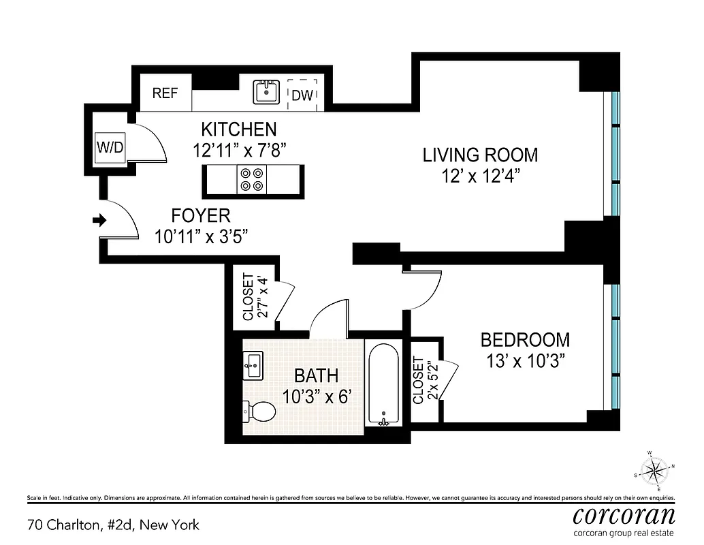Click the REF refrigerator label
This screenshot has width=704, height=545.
165,94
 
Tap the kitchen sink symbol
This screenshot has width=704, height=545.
266,92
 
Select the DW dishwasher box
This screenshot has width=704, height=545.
302,95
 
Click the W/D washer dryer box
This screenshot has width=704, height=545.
110,147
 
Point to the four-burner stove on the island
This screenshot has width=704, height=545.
251,179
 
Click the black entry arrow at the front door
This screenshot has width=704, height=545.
99,220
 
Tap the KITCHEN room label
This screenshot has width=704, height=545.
238,129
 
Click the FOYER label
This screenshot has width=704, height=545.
200,217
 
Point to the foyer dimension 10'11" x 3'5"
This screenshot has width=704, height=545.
200,237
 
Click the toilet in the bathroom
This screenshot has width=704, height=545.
259,411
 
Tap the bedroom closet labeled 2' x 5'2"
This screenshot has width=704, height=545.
425,381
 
